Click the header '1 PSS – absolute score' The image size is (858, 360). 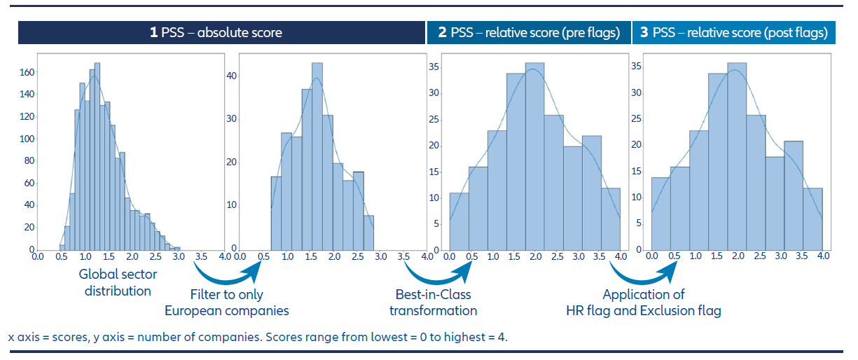216,33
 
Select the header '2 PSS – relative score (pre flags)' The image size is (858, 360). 529,33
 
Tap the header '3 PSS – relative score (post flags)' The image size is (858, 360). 734,33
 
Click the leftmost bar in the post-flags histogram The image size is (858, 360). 660,214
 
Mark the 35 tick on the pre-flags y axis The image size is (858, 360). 434,67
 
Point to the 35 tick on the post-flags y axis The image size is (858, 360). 637,67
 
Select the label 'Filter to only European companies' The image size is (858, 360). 226,302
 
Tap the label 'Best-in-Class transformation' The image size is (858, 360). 433,302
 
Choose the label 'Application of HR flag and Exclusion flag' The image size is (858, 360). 644,302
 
